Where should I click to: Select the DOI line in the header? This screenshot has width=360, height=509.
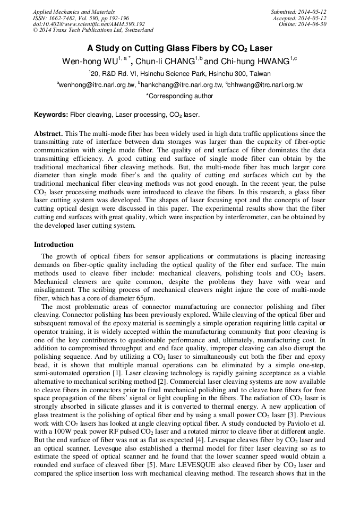click(x=89, y=24)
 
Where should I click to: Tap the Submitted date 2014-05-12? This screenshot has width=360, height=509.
click(x=298, y=11)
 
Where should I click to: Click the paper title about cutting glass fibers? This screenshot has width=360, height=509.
click(x=179, y=47)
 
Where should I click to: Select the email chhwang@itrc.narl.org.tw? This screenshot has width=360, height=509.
click(x=264, y=85)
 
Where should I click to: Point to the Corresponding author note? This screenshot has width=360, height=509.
click(x=179, y=96)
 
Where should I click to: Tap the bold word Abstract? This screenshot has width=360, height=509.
click(x=48, y=134)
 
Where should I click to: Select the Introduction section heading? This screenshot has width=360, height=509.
click(x=54, y=245)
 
